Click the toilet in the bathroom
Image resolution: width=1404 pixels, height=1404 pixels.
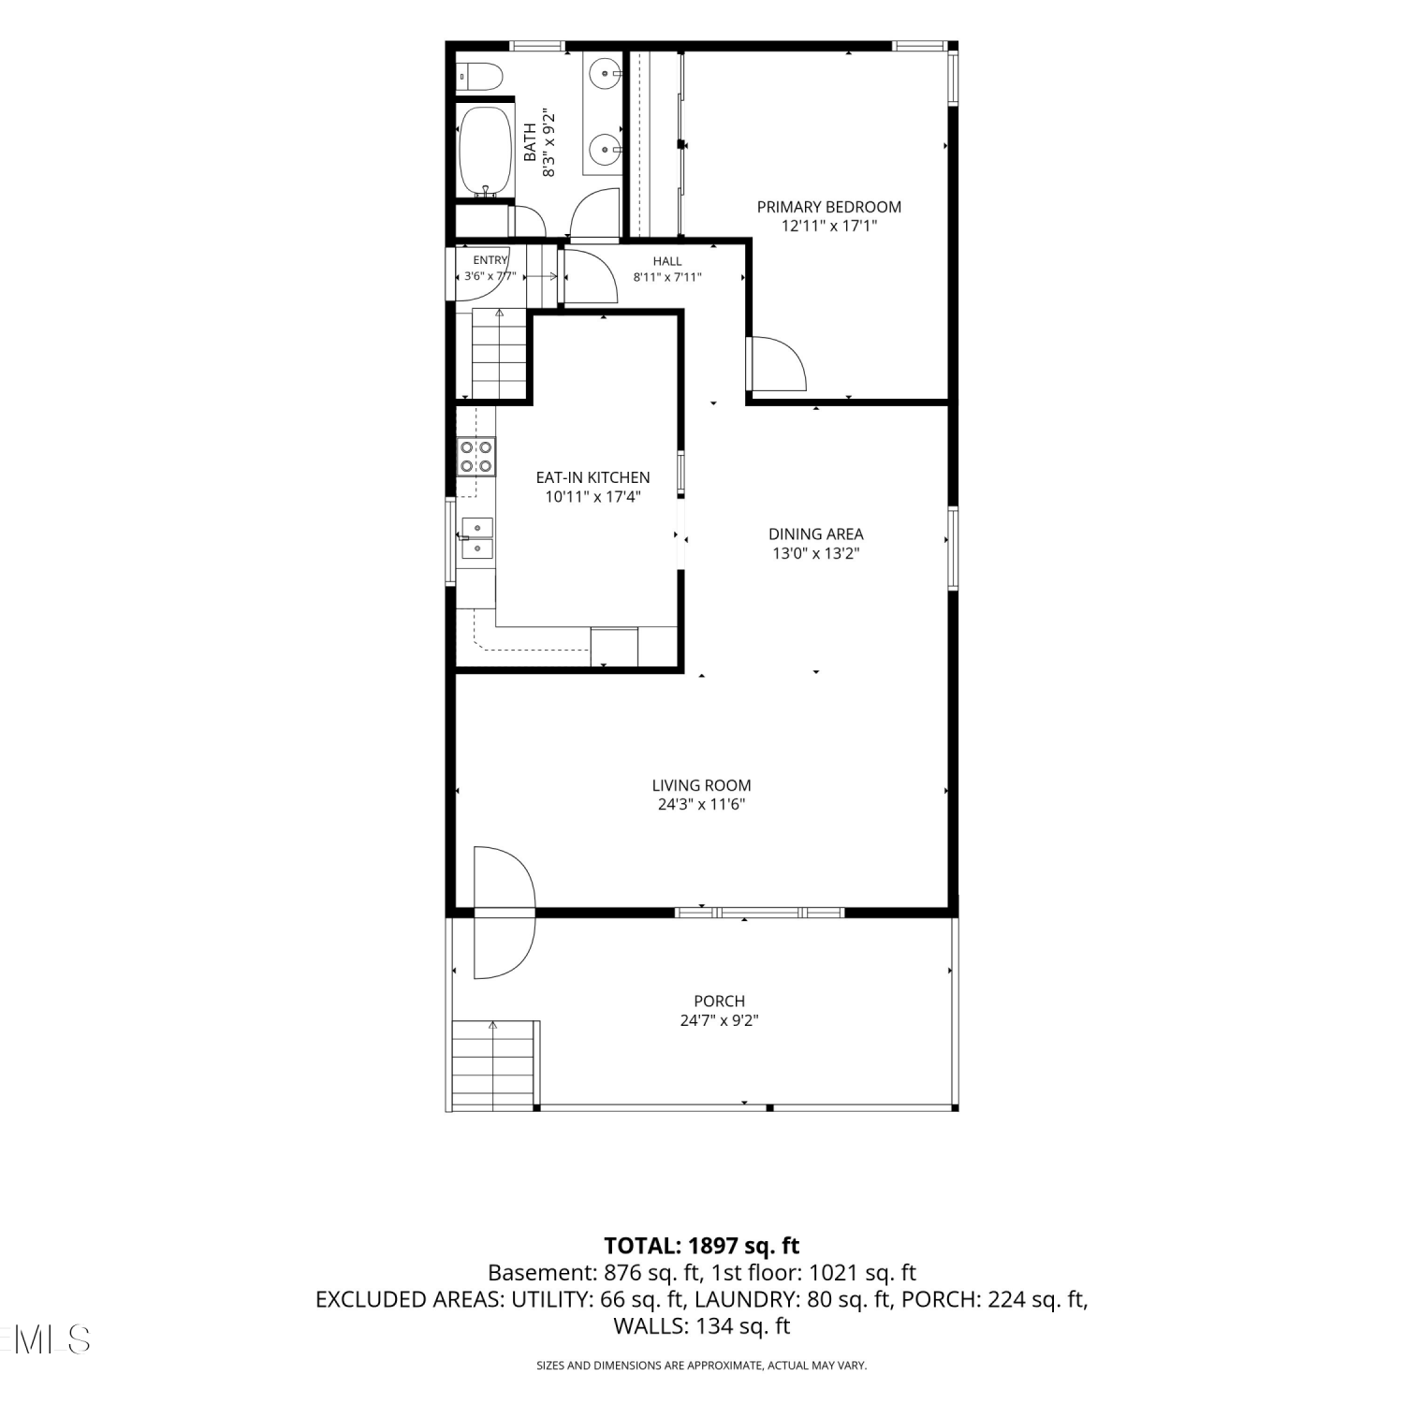478,76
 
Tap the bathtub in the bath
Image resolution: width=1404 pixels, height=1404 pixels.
486,151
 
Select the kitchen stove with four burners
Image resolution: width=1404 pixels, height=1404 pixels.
475,456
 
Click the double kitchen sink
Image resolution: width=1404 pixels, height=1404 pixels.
476,537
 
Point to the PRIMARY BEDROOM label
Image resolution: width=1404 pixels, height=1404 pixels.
829,207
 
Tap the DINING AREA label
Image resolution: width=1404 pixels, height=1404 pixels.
816,534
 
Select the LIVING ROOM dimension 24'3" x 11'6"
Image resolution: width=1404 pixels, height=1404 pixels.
702,804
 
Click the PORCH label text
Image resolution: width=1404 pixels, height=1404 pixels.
720,1001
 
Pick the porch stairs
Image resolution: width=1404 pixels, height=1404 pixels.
494,1063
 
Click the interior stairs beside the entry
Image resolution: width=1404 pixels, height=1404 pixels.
499,353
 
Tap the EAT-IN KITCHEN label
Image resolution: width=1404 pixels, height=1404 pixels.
592,477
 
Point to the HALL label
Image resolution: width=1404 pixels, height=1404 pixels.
667,261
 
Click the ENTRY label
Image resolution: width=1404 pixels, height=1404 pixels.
490,260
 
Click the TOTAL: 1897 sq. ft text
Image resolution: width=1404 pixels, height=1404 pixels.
702,1246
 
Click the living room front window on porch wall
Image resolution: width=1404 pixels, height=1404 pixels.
759,912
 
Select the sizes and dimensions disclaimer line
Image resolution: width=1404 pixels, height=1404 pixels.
702,1366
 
